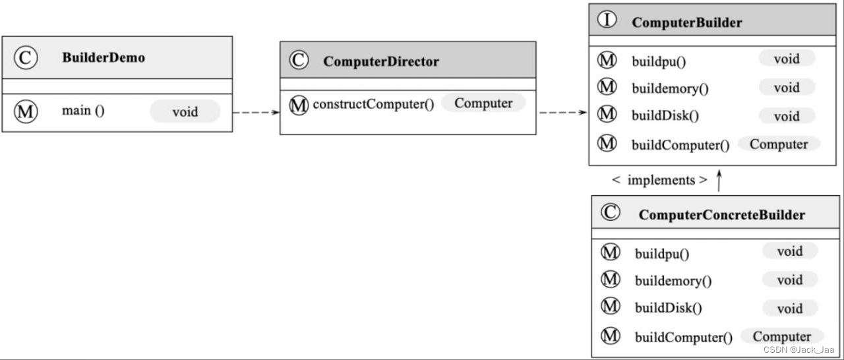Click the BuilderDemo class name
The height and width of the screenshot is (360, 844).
104,57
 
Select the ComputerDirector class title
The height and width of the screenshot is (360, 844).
380,62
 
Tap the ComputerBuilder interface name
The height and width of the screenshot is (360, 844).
686,22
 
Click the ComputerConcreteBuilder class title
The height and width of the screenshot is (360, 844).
721,215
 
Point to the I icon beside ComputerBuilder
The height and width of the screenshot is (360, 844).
607,20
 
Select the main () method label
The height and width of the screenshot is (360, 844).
83,111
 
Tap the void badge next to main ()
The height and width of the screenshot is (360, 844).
185,111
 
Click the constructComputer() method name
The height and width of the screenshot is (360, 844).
373,104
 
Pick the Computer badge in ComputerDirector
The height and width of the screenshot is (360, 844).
483,103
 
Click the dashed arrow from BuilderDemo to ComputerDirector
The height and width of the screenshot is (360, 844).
256,113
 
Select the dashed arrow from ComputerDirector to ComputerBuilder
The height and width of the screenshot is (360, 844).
562,113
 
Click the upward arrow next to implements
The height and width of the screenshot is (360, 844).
719,180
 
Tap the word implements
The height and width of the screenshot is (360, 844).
661,180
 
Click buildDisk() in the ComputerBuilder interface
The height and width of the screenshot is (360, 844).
665,116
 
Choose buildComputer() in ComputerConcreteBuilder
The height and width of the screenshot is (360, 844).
683,338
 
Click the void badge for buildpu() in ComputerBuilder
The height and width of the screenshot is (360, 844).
786,59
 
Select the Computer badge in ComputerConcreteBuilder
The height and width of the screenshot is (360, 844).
781,336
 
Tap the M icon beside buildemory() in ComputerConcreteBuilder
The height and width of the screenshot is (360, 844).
611,279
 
